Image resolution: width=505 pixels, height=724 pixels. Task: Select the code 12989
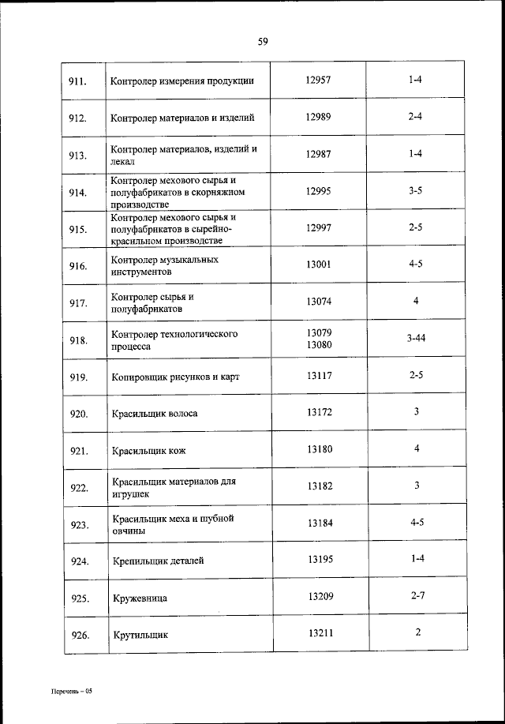318,117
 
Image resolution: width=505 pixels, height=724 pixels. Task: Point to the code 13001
319,264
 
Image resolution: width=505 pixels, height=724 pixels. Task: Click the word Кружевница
140,598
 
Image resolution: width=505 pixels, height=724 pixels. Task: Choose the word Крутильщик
140,635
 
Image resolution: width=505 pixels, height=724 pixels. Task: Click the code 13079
319,332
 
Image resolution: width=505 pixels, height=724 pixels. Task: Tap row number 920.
78,414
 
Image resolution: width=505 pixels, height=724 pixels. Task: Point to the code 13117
319,376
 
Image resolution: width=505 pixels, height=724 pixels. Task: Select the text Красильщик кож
148,451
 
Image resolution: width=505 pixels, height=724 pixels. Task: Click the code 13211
320,632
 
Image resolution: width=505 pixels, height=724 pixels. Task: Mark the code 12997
319,227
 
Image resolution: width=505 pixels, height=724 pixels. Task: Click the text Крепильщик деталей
158,561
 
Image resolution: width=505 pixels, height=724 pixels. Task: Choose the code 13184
320,523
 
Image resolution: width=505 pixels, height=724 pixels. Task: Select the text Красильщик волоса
155,414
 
